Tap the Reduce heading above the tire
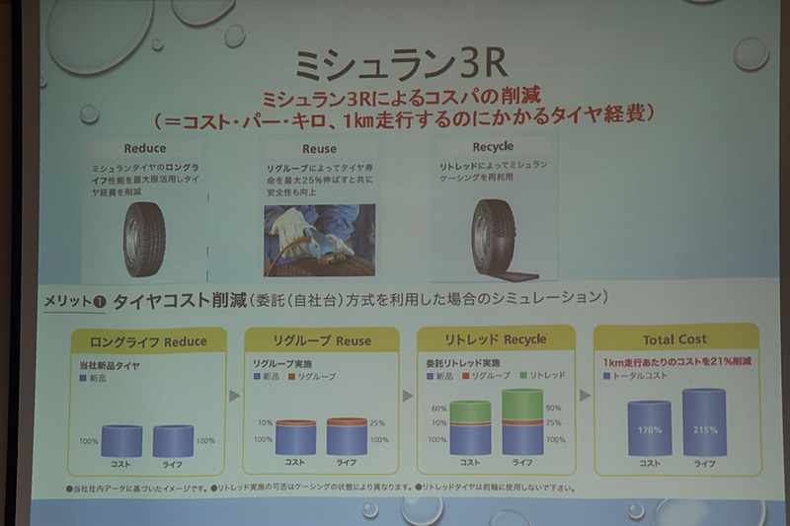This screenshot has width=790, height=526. click(x=145, y=148)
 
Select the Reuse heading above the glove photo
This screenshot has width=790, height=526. click(x=305, y=148)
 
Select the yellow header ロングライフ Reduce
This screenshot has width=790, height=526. click(x=148, y=341)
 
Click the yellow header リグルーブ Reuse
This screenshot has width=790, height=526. click(x=321, y=340)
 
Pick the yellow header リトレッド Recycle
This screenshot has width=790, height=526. click(x=497, y=339)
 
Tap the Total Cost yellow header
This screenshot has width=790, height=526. click(x=674, y=339)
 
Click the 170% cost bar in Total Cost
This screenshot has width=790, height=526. click(x=650, y=427)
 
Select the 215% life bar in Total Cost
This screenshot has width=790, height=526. click(x=704, y=422)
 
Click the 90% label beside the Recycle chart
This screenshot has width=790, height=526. click(x=553, y=407)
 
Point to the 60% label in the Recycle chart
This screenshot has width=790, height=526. click(x=437, y=408)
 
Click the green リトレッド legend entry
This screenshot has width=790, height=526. click(x=547, y=377)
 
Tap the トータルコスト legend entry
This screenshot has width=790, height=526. click(x=637, y=376)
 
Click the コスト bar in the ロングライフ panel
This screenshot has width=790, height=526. click(x=121, y=440)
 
